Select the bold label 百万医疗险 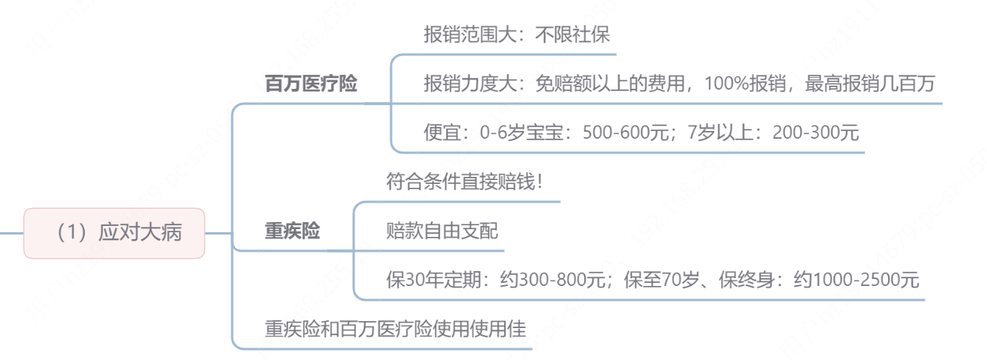click(x=311, y=84)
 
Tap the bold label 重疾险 click(x=292, y=232)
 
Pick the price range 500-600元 click(x=629, y=132)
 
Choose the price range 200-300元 click(x=816, y=132)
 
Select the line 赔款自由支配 click(x=442, y=231)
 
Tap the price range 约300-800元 click(x=559, y=280)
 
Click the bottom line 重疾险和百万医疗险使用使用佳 click(x=396, y=329)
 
